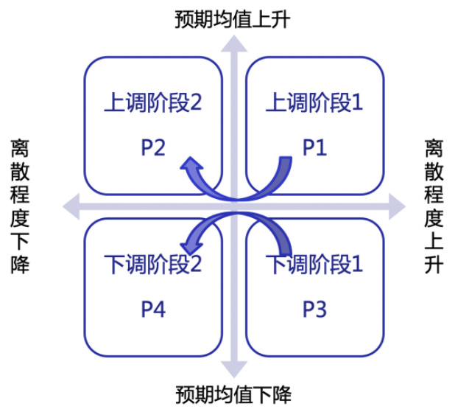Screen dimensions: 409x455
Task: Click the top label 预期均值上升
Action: coord(233,17)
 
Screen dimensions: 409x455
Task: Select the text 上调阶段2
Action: coord(153,102)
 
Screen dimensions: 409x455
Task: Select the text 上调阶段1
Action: coord(314,102)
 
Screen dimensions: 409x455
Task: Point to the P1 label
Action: coord(314,148)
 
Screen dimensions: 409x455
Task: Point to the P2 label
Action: coord(153,148)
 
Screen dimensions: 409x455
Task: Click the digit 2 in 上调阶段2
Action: coord(195,102)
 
